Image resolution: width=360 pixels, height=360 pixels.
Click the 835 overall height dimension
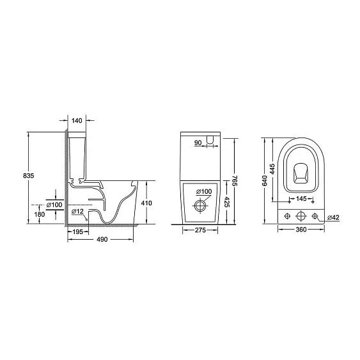(29, 176)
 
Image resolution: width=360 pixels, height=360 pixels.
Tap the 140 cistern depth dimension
(77, 120)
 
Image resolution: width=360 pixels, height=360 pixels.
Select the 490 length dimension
(102, 239)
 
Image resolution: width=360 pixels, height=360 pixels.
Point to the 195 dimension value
(77, 231)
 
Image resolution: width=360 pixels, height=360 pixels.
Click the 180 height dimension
(40, 214)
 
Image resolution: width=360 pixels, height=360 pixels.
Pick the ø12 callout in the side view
(77, 212)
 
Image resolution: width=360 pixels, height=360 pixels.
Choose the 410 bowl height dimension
(146, 203)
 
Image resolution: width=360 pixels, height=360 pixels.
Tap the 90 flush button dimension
(198, 143)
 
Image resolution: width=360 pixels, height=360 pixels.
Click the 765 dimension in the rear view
(235, 180)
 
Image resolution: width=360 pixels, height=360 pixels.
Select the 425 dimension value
(226, 202)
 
